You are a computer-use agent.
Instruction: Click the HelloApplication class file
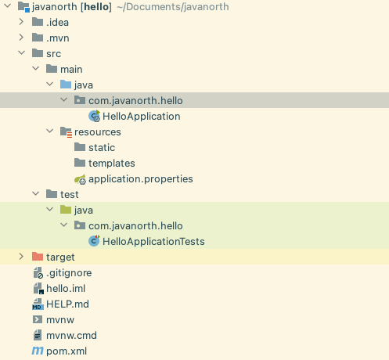(x=142, y=117)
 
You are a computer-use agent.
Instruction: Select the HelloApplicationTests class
(x=153, y=242)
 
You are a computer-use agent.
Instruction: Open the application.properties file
(x=141, y=179)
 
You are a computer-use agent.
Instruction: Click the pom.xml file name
(x=67, y=351)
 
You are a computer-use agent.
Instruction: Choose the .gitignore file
(x=69, y=273)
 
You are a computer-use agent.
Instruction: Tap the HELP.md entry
(x=67, y=304)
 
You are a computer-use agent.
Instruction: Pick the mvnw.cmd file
(x=71, y=336)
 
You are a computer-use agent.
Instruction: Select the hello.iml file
(x=66, y=289)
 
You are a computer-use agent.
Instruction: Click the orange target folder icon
(x=38, y=257)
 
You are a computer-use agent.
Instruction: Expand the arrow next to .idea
(x=21, y=22)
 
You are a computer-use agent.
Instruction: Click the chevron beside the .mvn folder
(x=21, y=38)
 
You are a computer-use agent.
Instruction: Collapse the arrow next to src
(x=21, y=53)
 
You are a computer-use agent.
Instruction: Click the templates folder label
(x=112, y=164)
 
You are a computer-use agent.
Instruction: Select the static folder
(x=102, y=148)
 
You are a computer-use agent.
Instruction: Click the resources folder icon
(x=66, y=132)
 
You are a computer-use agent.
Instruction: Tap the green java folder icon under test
(x=66, y=210)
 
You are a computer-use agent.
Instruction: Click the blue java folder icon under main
(x=66, y=85)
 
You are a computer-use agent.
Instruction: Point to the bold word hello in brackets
(x=96, y=7)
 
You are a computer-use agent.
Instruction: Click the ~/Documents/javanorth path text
(x=173, y=7)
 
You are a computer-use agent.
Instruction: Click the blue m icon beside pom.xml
(x=38, y=351)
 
